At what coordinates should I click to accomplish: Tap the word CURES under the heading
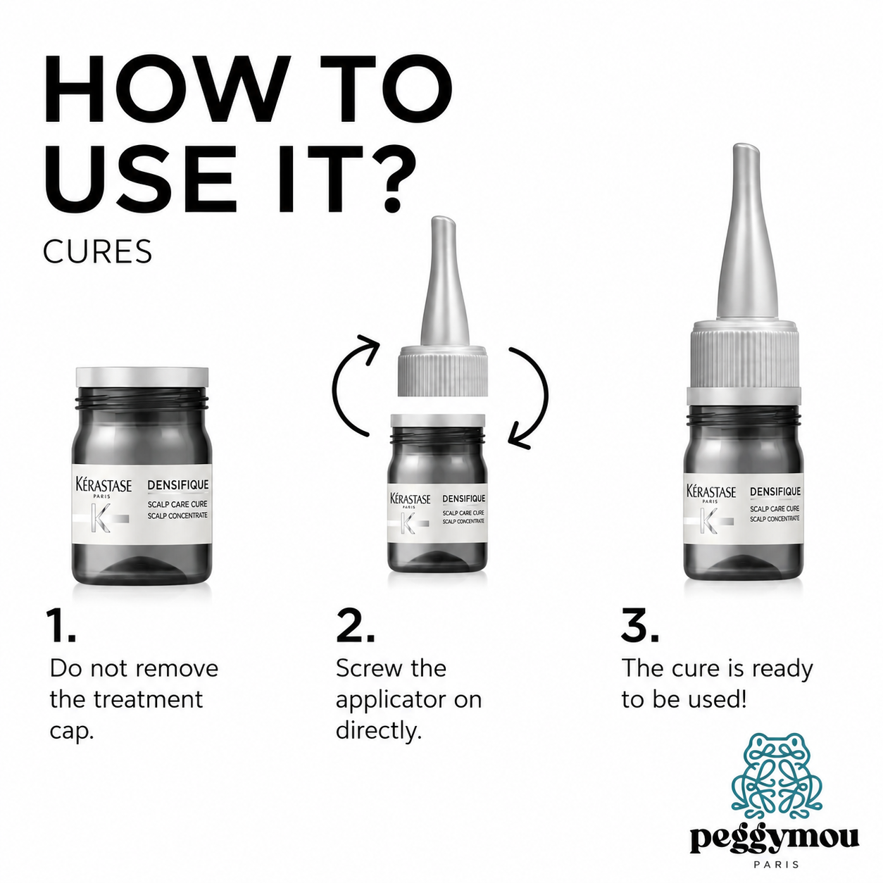[x=97, y=251]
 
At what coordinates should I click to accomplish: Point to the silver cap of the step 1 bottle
[x=142, y=377]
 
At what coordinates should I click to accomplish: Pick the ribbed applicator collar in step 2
[x=442, y=371]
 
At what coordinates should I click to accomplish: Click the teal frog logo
[x=776, y=774]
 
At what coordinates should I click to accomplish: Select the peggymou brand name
[x=775, y=838]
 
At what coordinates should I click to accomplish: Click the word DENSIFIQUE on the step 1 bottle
[x=177, y=484]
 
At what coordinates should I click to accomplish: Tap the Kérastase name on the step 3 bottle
[x=710, y=491]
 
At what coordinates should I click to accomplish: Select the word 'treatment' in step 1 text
[x=148, y=700]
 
